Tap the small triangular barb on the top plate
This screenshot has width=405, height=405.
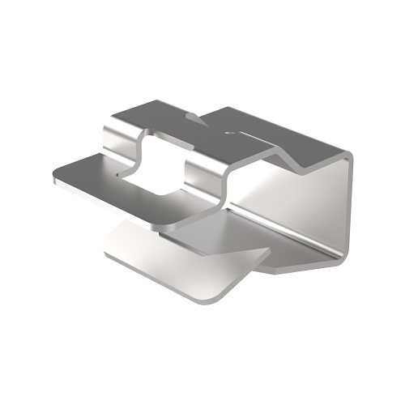pos(194,118)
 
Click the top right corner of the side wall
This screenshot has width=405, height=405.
pos(351,154)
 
